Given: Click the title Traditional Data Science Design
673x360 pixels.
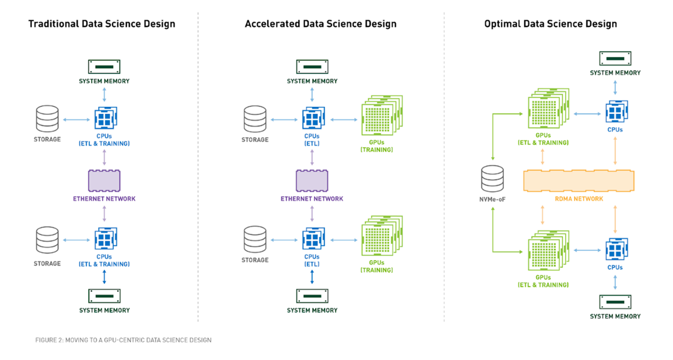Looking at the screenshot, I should pyautogui.click(x=101, y=24).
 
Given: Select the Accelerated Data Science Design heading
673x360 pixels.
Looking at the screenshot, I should pyautogui.click(x=320, y=24).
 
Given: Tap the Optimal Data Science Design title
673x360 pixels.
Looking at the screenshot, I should pyautogui.click(x=551, y=24).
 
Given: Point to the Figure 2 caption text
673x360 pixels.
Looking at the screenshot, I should pyautogui.click(x=123, y=340).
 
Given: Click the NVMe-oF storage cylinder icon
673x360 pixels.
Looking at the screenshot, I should pyautogui.click(x=492, y=178).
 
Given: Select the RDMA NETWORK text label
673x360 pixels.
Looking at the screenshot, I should pyautogui.click(x=579, y=199).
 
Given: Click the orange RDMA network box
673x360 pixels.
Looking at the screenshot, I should pyautogui.click(x=579, y=180).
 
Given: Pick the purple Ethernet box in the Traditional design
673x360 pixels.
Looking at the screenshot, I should pyautogui.click(x=104, y=180).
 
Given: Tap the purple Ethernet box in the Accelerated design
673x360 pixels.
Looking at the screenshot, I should pyautogui.click(x=312, y=180).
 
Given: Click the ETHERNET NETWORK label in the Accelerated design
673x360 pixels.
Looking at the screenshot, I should pyautogui.click(x=312, y=199).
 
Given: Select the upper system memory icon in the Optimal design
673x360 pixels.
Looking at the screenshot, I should pyautogui.click(x=615, y=58).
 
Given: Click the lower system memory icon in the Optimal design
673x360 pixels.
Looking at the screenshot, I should pyautogui.click(x=615, y=302).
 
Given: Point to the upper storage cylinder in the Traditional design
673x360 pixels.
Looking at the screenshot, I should pyautogui.click(x=47, y=119).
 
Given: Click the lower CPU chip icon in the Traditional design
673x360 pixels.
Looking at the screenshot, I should pyautogui.click(x=105, y=239).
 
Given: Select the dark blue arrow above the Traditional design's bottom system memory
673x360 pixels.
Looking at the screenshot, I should pyautogui.click(x=104, y=277).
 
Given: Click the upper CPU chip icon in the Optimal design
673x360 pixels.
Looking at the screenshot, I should pyautogui.click(x=616, y=112).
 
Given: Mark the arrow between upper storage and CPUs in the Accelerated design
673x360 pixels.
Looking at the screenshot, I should pyautogui.click(x=284, y=119).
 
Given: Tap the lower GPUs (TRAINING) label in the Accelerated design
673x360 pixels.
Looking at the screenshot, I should pyautogui.click(x=377, y=266).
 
